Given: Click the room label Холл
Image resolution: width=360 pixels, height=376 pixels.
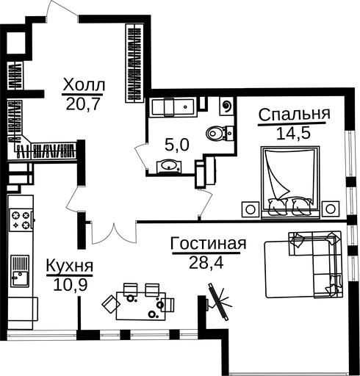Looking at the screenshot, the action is coord(84,85).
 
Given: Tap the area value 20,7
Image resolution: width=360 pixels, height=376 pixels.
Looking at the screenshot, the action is coord(83,104).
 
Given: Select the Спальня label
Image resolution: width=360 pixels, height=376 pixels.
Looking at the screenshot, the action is coord(295,115).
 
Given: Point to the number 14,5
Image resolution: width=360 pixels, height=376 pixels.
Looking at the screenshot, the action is coord(293,134).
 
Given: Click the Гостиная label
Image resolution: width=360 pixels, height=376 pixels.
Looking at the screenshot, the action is coord(208,244).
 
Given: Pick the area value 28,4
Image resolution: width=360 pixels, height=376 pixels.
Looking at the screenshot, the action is coord(206,263).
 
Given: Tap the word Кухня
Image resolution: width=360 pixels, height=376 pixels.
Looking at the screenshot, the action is coord(70,266).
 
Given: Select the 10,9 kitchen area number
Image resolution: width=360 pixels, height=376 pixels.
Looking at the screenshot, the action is coord(71,285).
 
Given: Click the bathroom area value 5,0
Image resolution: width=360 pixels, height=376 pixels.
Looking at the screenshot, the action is coord(177,145).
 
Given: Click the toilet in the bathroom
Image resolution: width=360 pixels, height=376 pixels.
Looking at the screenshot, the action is coord(220,134).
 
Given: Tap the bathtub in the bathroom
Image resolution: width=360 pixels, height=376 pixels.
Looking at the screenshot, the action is coord(173,106).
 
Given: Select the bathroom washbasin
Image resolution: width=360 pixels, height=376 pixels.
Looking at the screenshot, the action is coord(168,166).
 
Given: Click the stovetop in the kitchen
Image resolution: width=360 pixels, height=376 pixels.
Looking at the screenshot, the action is coord(21,220).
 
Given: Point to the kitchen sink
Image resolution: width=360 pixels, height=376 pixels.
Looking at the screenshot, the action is coord(20,271).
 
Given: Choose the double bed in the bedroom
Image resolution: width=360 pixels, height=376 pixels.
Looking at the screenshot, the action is coord(290,182).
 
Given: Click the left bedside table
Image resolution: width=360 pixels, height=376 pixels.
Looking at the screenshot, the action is coord(250,209).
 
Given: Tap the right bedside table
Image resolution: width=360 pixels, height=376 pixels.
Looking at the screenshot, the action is coord(331,209).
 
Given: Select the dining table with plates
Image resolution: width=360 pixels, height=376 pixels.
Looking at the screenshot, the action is coord(141,306).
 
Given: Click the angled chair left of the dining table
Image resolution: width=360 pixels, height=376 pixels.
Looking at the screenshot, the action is coord(111,304).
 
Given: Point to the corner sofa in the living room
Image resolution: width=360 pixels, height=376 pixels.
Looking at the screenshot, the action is coord(316,264).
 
